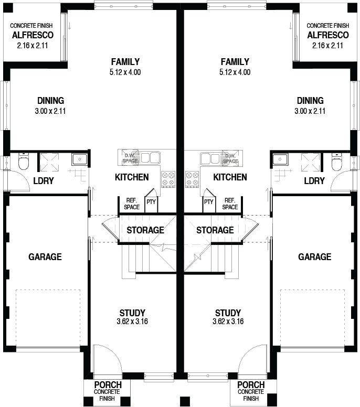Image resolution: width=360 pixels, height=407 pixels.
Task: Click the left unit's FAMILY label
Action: click(125, 62)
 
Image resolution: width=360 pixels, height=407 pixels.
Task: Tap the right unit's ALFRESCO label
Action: click(328, 35)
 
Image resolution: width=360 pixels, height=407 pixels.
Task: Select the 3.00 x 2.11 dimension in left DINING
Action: click(50, 111)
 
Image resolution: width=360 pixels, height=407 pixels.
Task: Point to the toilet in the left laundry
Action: click(24, 162)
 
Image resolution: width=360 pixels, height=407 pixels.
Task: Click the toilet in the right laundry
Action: click(337, 162)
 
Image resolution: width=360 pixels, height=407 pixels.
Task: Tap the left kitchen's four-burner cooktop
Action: click(168, 179)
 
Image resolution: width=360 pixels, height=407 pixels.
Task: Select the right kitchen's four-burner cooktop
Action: click(192, 179)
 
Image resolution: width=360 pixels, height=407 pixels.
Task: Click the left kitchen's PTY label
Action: click(151, 202)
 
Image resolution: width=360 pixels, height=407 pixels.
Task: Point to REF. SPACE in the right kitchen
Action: click(230, 203)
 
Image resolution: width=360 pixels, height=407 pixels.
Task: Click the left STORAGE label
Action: click(145, 230)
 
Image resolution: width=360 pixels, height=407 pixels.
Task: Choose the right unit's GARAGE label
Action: click(314, 257)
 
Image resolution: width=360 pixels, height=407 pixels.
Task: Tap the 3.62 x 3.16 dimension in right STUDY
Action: click(228, 322)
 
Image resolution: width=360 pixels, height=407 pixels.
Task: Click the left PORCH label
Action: click(108, 384)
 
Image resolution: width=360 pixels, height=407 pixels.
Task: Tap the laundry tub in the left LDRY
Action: click(80, 159)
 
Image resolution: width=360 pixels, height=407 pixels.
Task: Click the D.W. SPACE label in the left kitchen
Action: click(130, 158)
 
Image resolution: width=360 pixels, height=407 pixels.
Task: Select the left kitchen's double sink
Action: click(150, 157)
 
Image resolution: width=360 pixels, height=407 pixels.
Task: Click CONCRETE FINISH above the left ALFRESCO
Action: click(31, 26)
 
